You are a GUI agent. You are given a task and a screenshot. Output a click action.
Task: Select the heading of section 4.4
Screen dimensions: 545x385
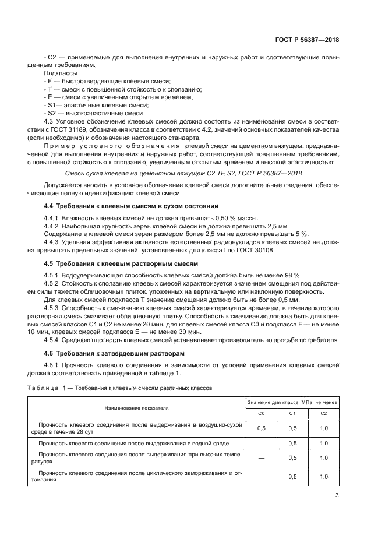[x=131, y=206]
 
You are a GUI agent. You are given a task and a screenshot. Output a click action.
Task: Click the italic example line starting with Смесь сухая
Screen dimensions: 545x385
[x=184, y=173]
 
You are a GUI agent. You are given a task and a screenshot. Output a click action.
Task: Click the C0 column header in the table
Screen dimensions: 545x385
[x=261, y=413]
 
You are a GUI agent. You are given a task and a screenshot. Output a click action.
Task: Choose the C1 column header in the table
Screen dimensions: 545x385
[x=293, y=413]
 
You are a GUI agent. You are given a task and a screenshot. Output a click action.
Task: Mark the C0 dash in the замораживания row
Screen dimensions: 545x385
[x=261, y=476]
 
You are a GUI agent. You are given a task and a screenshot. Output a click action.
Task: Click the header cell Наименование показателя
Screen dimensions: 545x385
[x=136, y=408]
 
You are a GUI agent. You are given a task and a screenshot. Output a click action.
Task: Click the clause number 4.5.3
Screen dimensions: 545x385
[x=53, y=307]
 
